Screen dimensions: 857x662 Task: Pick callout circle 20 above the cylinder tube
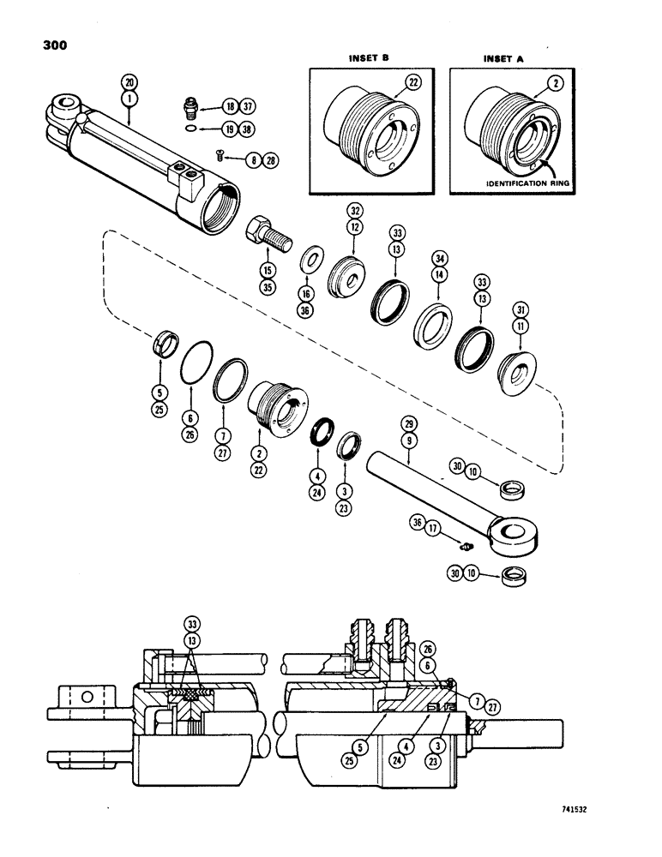[129, 82]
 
